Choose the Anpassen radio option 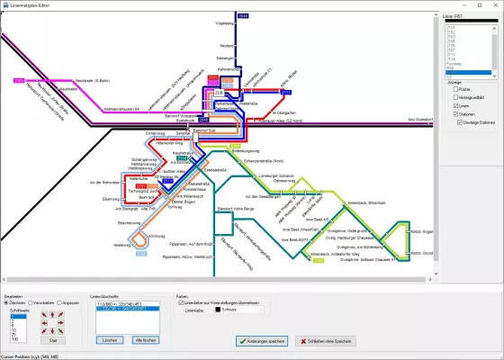tap(59, 303)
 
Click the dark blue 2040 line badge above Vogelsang tap(243, 16)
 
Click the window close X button tap(496, 4)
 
